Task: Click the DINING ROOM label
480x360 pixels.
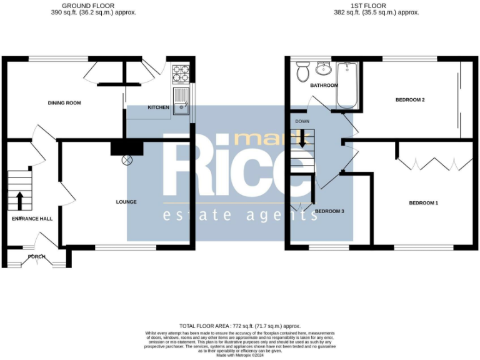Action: (65, 103)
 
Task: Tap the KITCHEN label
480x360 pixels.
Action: (158, 107)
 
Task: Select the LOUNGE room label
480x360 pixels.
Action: (126, 202)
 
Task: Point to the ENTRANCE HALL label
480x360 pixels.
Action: (32, 219)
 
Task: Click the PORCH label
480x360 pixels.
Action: (36, 257)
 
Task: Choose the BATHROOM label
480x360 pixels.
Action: (324, 86)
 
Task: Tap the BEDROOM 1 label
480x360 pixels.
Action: (423, 203)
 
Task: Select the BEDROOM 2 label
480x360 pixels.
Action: (410, 100)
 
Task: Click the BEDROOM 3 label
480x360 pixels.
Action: (329, 211)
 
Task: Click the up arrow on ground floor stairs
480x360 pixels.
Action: (19, 201)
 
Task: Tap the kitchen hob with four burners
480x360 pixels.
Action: (181, 74)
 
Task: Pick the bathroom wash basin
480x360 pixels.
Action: (324, 67)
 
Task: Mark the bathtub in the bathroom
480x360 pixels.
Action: (345, 86)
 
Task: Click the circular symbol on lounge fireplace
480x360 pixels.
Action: (127, 160)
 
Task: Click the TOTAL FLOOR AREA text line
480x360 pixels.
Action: (240, 326)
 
